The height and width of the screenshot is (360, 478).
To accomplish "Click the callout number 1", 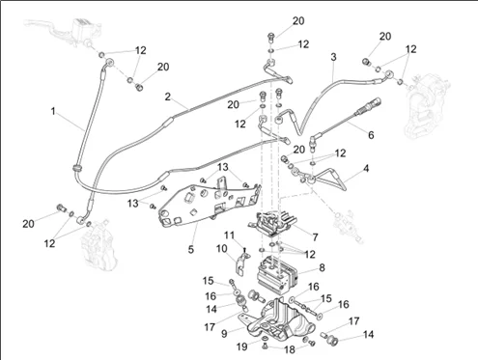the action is tap(53, 111).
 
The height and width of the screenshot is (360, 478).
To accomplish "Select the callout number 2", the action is tap(167, 97).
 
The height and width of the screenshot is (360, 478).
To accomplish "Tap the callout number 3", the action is tap(333, 57).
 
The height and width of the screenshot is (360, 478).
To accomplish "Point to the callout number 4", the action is tap(366, 168).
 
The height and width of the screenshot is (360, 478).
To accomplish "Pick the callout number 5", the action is tap(191, 249).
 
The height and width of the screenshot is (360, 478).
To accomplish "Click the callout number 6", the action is tap(371, 135).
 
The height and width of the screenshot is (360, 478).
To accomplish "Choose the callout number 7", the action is tap(315, 237).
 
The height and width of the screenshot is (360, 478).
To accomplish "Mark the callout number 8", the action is tap(322, 267).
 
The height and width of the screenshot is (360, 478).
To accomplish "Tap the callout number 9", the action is tap(224, 334).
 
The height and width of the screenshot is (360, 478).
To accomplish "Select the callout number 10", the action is tap(221, 249).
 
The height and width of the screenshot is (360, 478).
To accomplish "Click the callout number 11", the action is tap(229, 235).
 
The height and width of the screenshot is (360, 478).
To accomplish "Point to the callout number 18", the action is tap(290, 349).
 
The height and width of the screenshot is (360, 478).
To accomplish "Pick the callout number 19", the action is tap(242, 346).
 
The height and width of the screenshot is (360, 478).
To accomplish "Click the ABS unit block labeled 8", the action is tap(278, 273).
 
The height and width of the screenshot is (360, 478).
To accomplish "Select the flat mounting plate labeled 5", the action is tap(209, 204).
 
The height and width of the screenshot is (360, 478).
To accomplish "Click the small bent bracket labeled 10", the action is tap(241, 263).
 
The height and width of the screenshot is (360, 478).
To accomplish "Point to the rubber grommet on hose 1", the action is tap(77, 168).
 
